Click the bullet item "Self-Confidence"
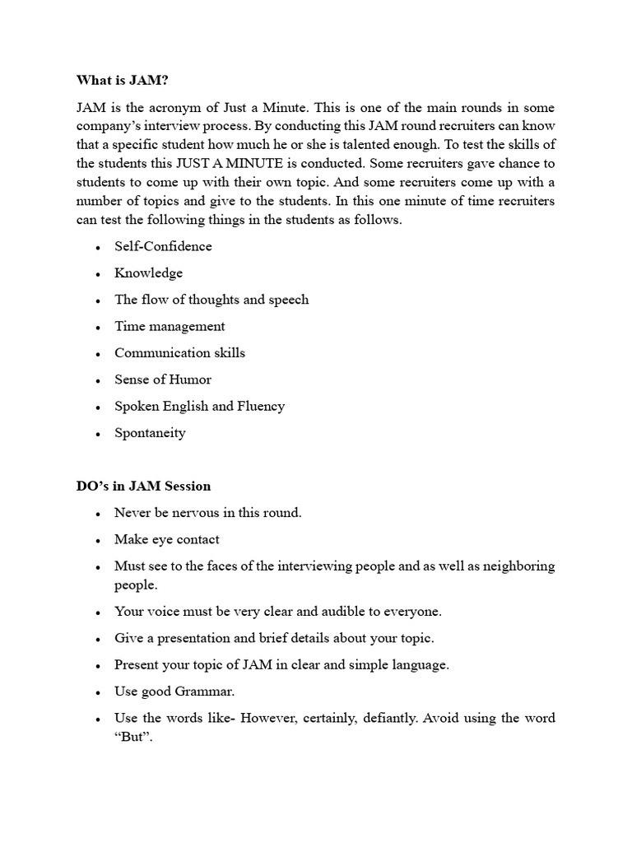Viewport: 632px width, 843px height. pyautogui.click(x=163, y=246)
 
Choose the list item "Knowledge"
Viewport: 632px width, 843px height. pyautogui.click(x=148, y=273)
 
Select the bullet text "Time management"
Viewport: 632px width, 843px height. pyautogui.click(x=170, y=326)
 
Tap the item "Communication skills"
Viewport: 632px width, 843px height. pyautogui.click(x=179, y=353)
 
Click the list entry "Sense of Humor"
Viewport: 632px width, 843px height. pyautogui.click(x=163, y=380)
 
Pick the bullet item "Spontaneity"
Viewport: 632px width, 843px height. pyautogui.click(x=150, y=433)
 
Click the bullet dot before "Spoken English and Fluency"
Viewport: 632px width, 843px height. pyautogui.click(x=98, y=408)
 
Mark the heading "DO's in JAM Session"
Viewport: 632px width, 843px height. pyautogui.click(x=143, y=486)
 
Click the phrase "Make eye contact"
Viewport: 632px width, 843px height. pyautogui.click(x=167, y=540)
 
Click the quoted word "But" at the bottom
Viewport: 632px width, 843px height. pyautogui.click(x=133, y=738)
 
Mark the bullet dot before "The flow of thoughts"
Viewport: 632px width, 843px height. pyautogui.click(x=98, y=300)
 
